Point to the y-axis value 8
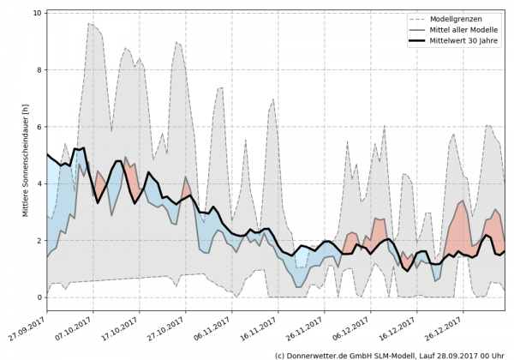click(x=38, y=69)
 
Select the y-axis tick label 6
click(x=38, y=127)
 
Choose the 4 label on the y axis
click(x=38, y=183)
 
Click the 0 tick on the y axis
click(x=38, y=297)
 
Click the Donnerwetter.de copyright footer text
click(x=389, y=354)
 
